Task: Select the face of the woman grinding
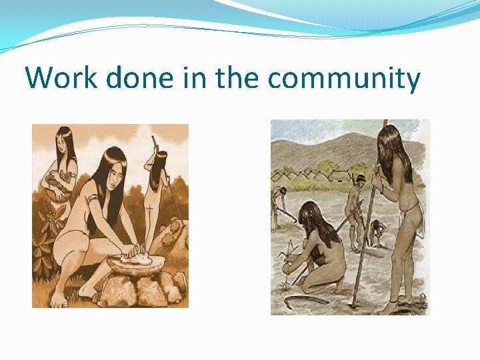click(115, 180)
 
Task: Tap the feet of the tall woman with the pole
click(389, 308)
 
